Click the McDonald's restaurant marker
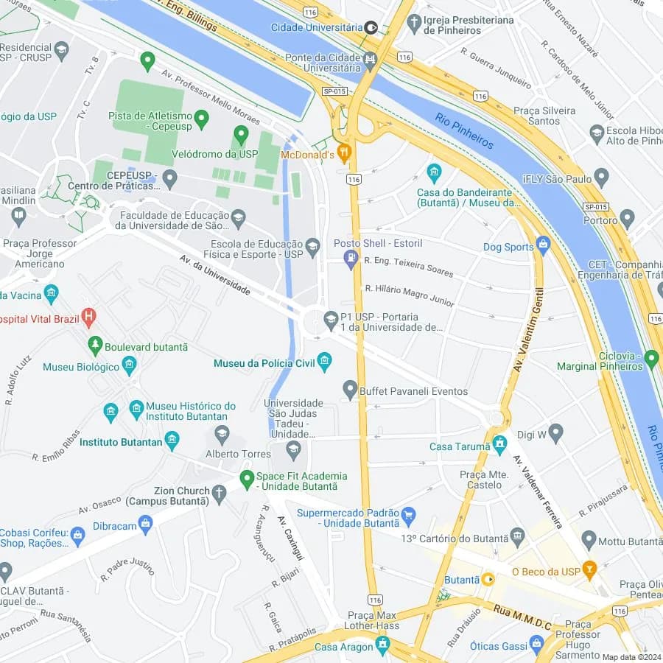click(343, 154)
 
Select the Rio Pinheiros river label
click(464, 131)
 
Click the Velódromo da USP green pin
click(241, 135)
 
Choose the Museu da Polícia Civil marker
click(324, 362)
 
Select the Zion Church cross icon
click(219, 494)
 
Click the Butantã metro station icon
click(488, 580)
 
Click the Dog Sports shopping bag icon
click(544, 245)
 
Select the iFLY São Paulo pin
click(602, 178)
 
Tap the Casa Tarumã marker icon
click(500, 444)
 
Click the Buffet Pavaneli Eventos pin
click(350, 389)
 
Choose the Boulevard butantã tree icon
click(94, 345)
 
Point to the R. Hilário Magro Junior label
click(410, 295)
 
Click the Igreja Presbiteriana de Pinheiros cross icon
click(414, 22)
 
